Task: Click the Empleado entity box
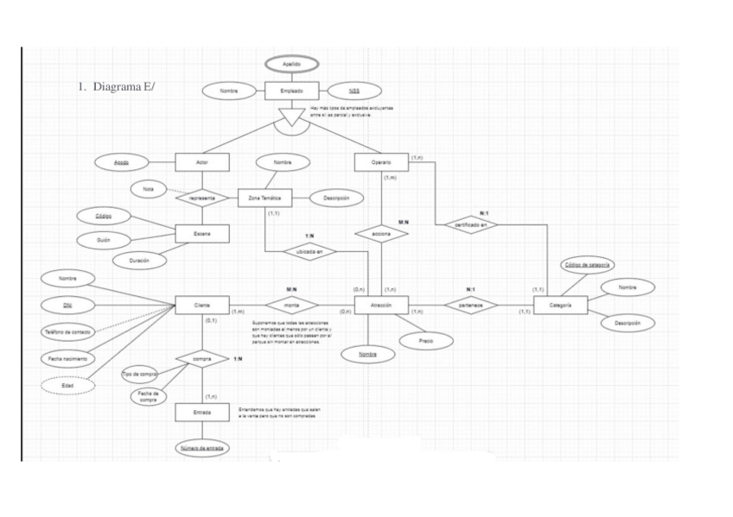click(291, 91)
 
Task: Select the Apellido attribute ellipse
click(291, 65)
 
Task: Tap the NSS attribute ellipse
click(354, 91)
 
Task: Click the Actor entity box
click(201, 161)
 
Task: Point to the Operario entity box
click(380, 161)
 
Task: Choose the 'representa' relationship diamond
click(201, 198)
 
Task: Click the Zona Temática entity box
click(264, 198)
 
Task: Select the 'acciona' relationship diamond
click(380, 234)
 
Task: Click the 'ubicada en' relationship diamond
click(309, 252)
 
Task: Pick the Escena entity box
click(201, 234)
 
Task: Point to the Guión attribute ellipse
click(102, 239)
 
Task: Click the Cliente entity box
click(201, 306)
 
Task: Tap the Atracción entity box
click(380, 306)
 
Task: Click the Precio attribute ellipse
click(424, 341)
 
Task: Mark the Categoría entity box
click(560, 306)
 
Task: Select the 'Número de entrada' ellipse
click(201, 448)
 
